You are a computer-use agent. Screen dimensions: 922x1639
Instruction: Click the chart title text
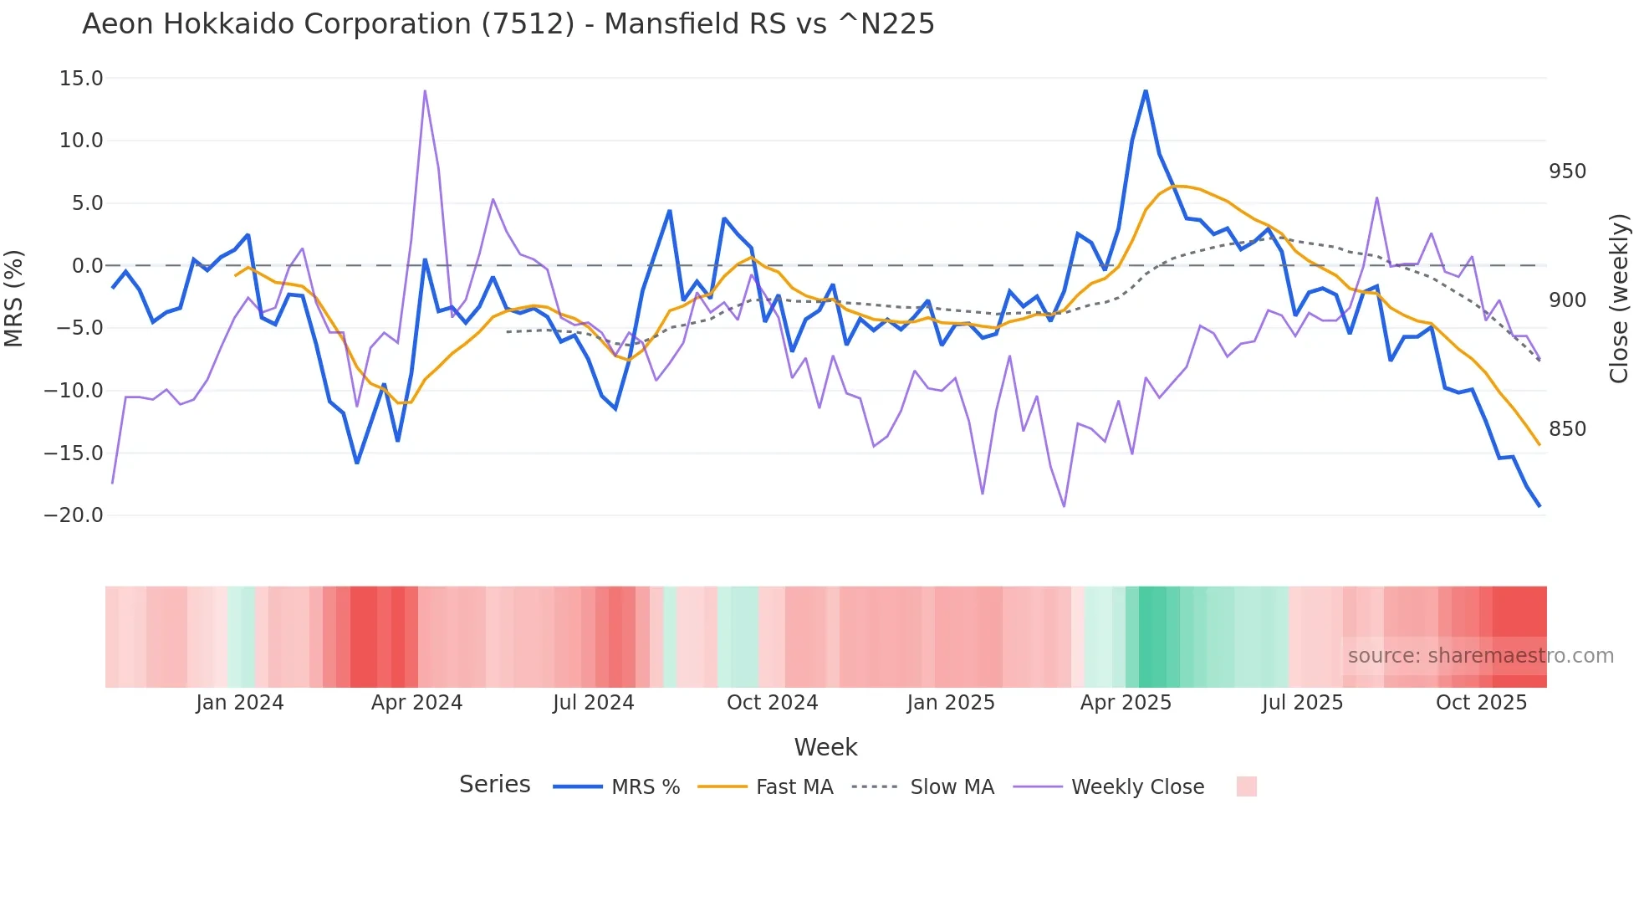pos(508,24)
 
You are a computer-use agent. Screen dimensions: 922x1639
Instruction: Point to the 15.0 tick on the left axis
pos(81,79)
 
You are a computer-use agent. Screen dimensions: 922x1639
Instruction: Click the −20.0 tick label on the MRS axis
pos(74,515)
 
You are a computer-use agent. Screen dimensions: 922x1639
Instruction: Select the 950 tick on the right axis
pos(1567,172)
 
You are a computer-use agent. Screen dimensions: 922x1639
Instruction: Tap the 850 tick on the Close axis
pos(1567,429)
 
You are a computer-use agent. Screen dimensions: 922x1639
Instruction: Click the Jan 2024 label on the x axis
pos(240,703)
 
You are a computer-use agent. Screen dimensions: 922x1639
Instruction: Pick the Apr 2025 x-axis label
pos(1126,703)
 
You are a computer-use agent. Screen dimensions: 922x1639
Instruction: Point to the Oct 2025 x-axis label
pos(1481,703)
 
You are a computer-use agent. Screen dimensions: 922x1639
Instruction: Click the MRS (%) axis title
pos(14,298)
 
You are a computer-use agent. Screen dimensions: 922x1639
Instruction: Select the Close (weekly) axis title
pos(1619,299)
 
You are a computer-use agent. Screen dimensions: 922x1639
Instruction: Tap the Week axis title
pos(825,747)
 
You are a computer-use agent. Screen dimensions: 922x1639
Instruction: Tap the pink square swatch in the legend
pos(1246,786)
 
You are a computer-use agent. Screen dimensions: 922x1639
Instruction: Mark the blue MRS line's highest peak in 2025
pos(1146,91)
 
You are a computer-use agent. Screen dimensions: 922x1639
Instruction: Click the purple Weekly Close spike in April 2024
pos(425,91)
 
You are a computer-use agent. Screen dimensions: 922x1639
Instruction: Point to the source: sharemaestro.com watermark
pos(1480,656)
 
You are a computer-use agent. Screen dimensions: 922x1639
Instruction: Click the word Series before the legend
pos(494,785)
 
